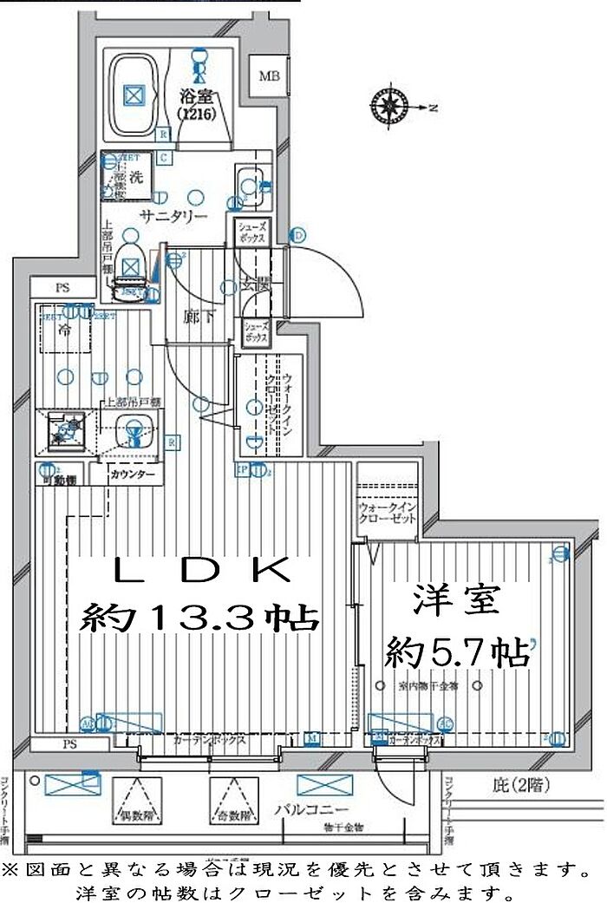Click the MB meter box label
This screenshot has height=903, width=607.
268,75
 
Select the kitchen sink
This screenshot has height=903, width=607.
133,427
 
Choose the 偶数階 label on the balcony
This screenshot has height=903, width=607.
135,816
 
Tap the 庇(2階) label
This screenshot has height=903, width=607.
518,787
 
